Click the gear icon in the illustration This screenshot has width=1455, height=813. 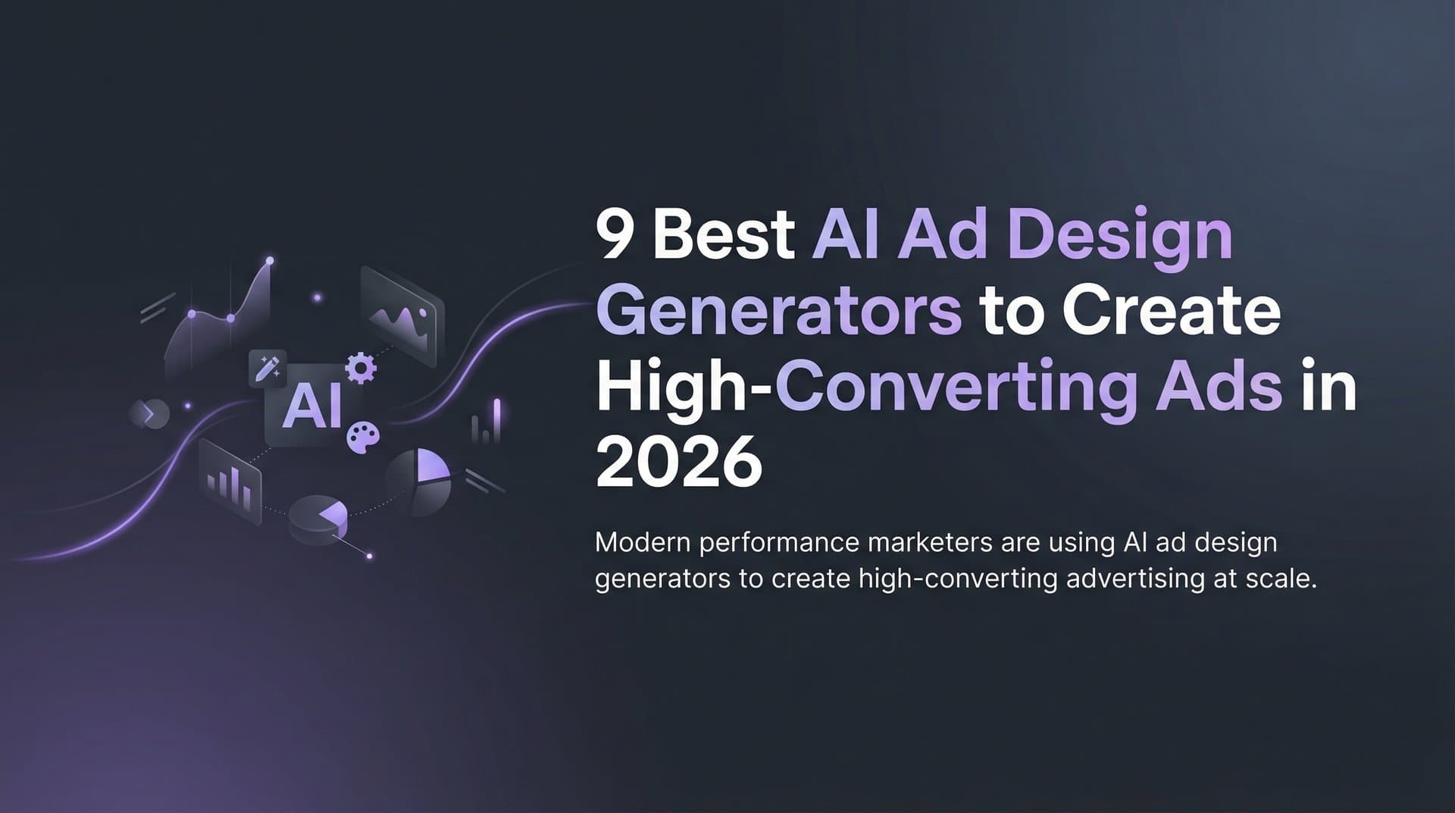click(361, 368)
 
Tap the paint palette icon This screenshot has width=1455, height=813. click(363, 438)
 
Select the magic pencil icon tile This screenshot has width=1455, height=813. click(268, 369)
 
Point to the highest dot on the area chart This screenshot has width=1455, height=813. click(270, 261)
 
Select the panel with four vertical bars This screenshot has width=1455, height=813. click(230, 483)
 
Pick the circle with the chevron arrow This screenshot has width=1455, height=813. click(149, 413)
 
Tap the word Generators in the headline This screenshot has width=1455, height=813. click(778, 311)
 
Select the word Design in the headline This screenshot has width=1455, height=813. click(1121, 237)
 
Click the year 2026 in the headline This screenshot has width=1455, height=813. click(677, 462)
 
